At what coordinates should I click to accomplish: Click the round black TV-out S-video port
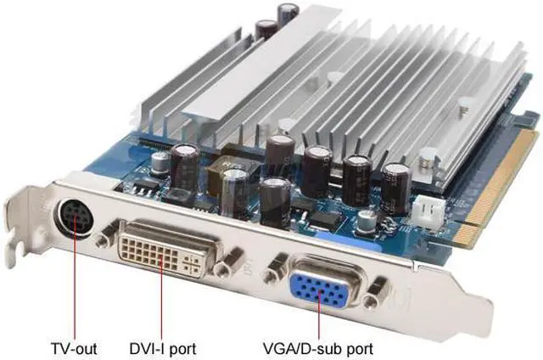pyautogui.click(x=74, y=218)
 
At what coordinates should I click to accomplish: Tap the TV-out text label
pyautogui.click(x=74, y=349)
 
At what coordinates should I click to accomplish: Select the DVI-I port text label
pyautogui.click(x=163, y=349)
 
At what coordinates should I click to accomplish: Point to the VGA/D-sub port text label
pyautogui.click(x=318, y=349)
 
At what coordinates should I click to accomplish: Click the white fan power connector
pyautogui.click(x=428, y=211)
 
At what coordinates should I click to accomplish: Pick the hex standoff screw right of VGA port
pyautogui.click(x=375, y=293)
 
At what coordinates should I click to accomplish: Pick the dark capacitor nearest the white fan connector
pyautogui.click(x=396, y=188)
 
